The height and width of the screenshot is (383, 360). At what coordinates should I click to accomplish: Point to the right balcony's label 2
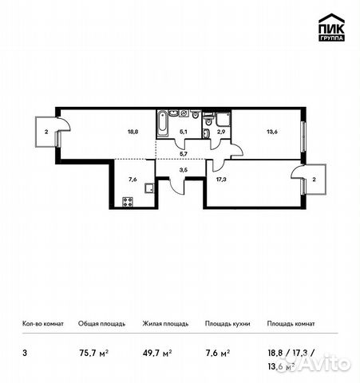pyautogui.click(x=314, y=179)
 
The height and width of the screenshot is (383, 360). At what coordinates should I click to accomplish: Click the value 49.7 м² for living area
pyautogui.click(x=156, y=349)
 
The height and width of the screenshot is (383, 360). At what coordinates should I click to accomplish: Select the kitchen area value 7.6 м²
pyautogui.click(x=218, y=349)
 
